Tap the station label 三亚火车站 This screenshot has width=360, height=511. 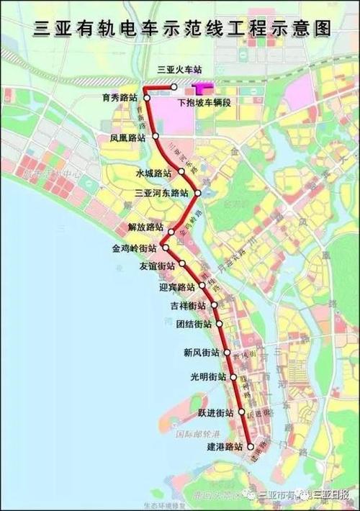[179, 70]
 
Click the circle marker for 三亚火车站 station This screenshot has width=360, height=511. [174, 87]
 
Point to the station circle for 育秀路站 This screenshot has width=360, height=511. [146, 96]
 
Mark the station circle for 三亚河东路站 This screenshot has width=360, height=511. [196, 193]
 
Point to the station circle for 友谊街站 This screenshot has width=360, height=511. [182, 264]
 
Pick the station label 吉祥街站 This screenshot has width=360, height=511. [189, 305]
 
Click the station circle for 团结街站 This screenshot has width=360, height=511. [216, 325]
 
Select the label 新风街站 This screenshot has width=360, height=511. [201, 353]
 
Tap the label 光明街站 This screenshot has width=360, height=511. [208, 376]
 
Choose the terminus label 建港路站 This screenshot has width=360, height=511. [221, 446]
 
